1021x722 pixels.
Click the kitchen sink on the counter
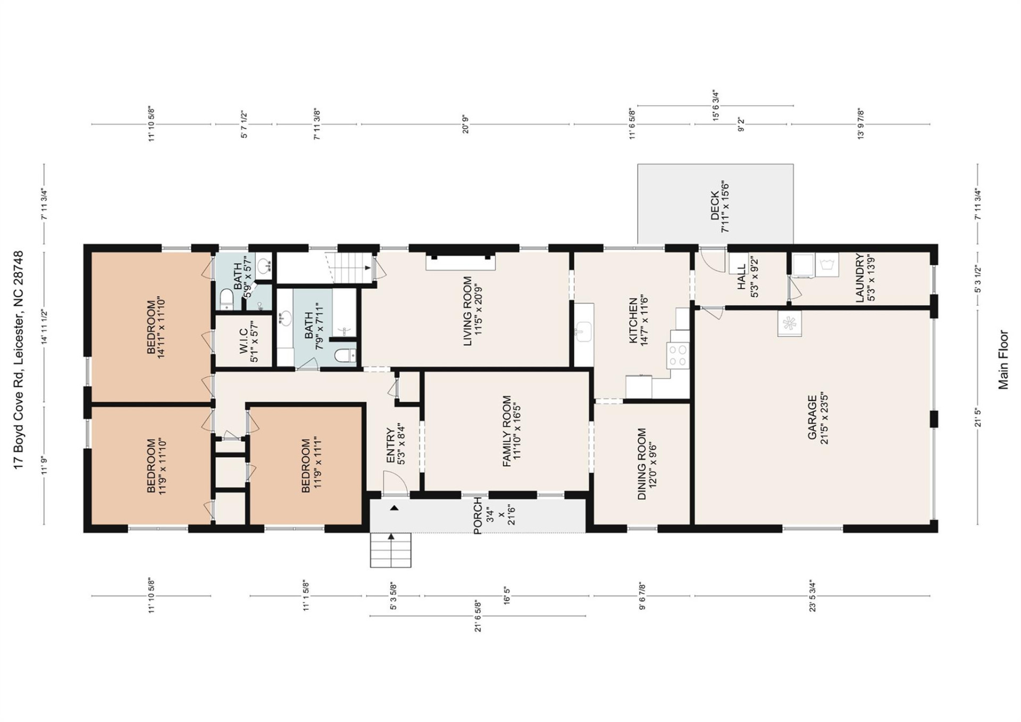[583, 332]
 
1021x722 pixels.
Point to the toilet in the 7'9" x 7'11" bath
[345, 355]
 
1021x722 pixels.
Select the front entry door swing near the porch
[395, 484]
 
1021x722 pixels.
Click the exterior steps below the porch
[391, 550]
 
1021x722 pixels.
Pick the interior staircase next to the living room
[348, 267]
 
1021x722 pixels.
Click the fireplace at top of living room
[461, 262]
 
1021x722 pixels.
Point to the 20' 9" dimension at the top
[465, 124]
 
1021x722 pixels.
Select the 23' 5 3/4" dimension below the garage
[812, 596]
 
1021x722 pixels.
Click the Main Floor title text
[1003, 360]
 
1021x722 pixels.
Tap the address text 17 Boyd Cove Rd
[19, 360]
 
